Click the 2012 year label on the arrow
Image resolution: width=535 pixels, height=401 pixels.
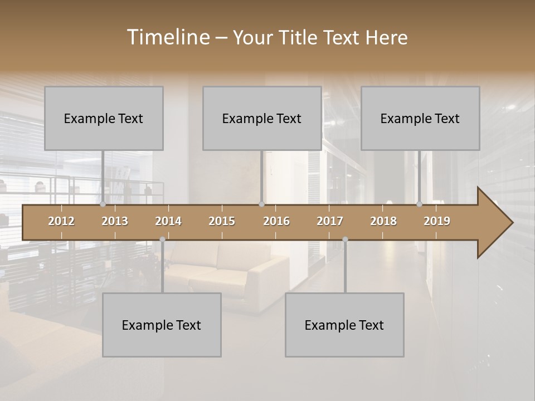(x=61, y=221)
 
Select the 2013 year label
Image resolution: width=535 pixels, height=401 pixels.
(x=115, y=221)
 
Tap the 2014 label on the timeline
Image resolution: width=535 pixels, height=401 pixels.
(x=168, y=221)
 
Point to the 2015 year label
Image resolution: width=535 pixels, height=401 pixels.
(x=222, y=221)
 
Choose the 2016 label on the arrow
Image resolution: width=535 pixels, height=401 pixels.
(x=276, y=221)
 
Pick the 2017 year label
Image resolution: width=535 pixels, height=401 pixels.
(x=330, y=221)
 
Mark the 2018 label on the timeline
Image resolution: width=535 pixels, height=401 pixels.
(x=383, y=221)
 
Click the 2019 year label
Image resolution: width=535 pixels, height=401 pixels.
(x=437, y=221)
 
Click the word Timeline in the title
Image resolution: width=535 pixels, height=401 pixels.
(x=168, y=37)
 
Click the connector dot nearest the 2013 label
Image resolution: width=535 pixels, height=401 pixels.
(x=103, y=204)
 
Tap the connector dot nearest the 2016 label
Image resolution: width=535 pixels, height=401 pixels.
(x=261, y=204)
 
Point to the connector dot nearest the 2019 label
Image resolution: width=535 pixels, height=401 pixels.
(x=420, y=204)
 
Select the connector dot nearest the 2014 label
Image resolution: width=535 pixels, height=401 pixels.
(x=162, y=239)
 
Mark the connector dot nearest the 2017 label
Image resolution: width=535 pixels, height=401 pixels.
(x=345, y=239)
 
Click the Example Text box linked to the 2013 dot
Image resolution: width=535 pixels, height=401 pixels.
(x=104, y=118)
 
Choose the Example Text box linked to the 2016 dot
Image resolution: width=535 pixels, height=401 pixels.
(x=262, y=118)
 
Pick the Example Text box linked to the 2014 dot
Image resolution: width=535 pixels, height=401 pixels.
(x=162, y=325)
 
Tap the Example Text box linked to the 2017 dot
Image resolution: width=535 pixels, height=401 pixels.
(x=344, y=325)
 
